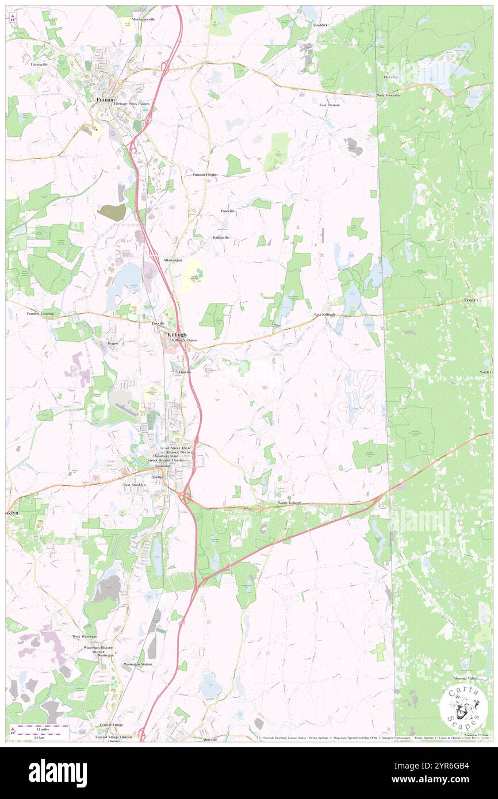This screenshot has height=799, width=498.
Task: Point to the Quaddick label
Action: pyautogui.click(x=320, y=25)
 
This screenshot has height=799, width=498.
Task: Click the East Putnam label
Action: pyautogui.click(x=330, y=105)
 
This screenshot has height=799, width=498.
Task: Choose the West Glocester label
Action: pyautogui.click(x=389, y=95)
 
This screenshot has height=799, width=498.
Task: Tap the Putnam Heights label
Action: pyautogui.click(x=205, y=175)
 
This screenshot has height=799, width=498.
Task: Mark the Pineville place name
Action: pyautogui.click(x=228, y=211)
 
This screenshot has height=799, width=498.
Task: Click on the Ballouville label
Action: pyautogui.click(x=221, y=237)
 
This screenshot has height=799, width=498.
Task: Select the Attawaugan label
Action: pyautogui.click(x=173, y=260)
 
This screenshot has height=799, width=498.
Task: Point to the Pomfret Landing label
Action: pyautogui.click(x=40, y=314)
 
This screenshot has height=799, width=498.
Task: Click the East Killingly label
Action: pyautogui.click(x=325, y=315)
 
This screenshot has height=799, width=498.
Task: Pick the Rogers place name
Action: pyautogui.click(x=113, y=343)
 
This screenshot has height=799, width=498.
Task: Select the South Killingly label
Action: pyautogui.click(x=290, y=503)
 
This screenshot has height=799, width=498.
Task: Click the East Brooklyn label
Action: pyautogui.click(x=135, y=485)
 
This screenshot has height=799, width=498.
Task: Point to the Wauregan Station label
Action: pyautogui.click(x=138, y=664)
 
